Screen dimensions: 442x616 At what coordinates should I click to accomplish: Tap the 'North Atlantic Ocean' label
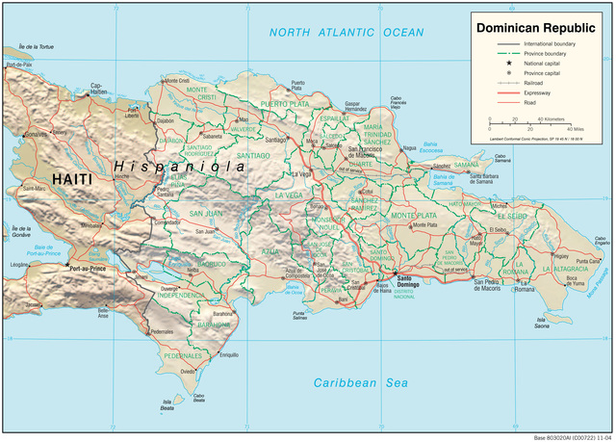(346, 33)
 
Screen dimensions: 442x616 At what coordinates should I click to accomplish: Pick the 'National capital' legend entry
(545, 64)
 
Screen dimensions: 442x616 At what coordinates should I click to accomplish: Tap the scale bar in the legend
(529, 124)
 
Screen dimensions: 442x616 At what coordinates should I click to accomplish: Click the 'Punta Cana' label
(588, 261)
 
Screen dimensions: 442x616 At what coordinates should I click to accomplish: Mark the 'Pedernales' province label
(184, 355)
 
